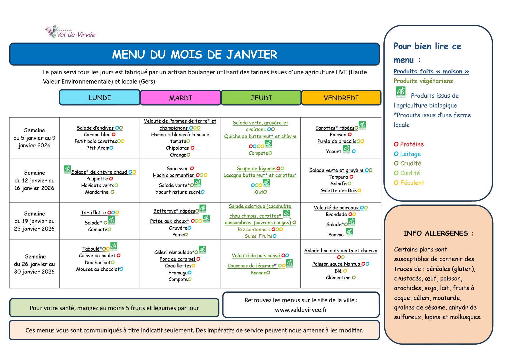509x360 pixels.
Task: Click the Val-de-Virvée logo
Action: (70, 32)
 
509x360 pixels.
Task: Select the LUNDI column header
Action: (100, 98)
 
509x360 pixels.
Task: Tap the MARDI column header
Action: (180, 98)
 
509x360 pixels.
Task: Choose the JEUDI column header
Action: (261, 98)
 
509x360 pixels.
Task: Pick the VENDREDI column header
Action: (341, 98)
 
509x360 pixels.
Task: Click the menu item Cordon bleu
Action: (97, 135)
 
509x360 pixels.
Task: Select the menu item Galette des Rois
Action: (339, 191)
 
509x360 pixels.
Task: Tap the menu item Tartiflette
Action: (93, 213)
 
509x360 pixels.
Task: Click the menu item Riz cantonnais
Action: (254, 229)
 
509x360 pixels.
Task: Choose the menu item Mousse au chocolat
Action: (98, 269)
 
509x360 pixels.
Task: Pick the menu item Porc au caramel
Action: (177, 259)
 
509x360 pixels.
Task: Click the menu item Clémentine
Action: (338, 278)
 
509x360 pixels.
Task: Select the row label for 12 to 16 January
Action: (35, 180)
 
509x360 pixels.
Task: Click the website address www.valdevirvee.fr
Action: (301, 310)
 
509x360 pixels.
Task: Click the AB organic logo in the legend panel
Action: (401, 92)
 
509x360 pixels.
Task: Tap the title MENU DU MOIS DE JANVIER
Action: (195, 55)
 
